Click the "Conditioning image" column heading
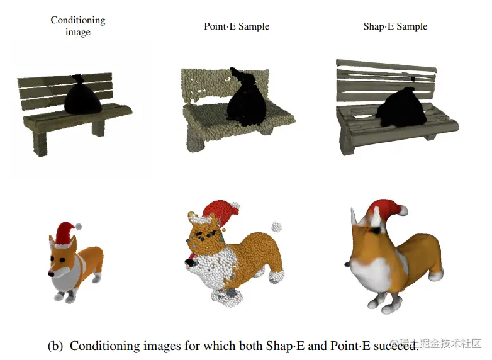click(x=78, y=26)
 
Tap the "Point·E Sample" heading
click(x=237, y=26)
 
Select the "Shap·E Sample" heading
click(x=395, y=26)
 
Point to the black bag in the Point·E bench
click(x=246, y=99)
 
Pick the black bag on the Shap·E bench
click(x=401, y=108)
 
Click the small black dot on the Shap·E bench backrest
click(x=413, y=79)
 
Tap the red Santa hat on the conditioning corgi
click(x=65, y=233)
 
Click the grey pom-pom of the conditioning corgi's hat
click(x=79, y=227)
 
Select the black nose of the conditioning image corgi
click(x=50, y=274)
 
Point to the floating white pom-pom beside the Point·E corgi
click(x=276, y=227)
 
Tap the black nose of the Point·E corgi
click(x=189, y=261)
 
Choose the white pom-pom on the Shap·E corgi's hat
click(x=403, y=210)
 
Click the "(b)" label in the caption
click(x=55, y=346)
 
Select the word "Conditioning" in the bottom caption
click(x=103, y=346)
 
